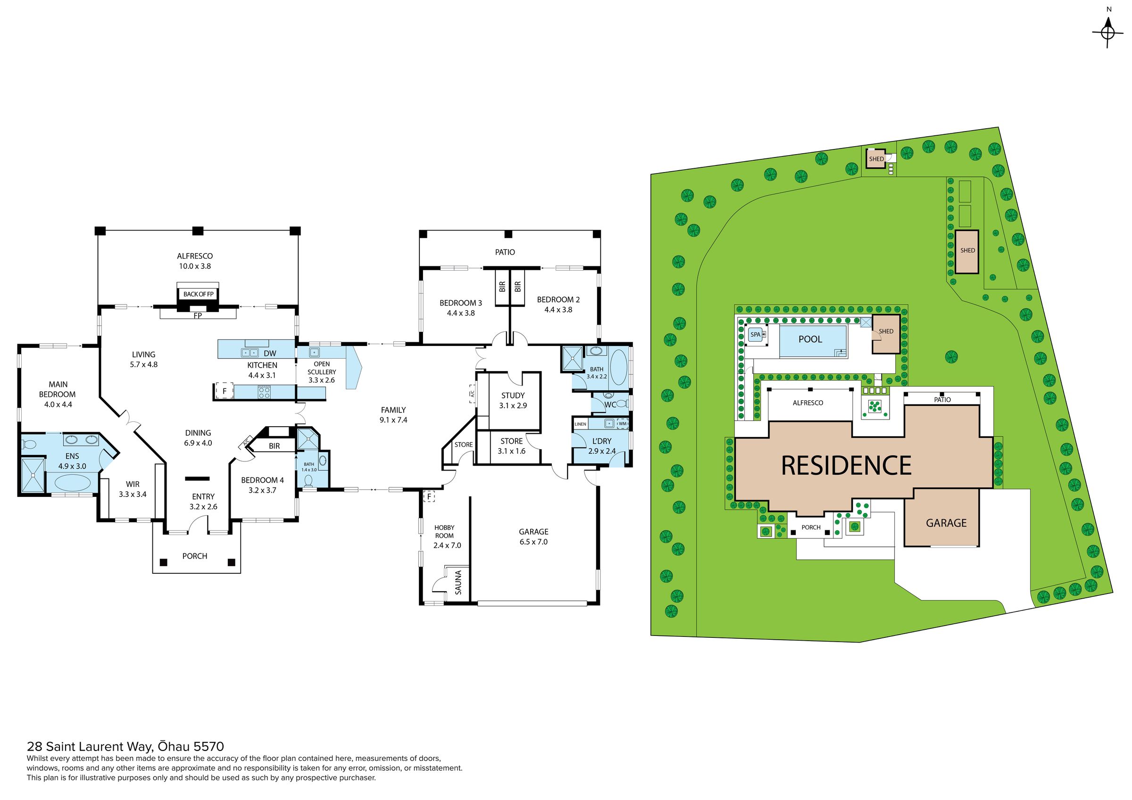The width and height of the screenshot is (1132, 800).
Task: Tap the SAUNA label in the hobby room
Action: pyautogui.click(x=458, y=582)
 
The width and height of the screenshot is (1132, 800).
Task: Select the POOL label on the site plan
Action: pyautogui.click(x=810, y=339)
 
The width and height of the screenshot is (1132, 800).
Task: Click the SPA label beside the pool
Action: pyautogui.click(x=755, y=334)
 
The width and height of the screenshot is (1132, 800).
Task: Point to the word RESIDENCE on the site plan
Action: pyautogui.click(x=847, y=466)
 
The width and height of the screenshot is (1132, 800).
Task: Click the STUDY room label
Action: pyautogui.click(x=513, y=396)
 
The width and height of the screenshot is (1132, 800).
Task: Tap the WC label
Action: pyautogui.click(x=610, y=404)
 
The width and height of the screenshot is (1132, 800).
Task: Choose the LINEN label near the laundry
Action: pyautogui.click(x=580, y=424)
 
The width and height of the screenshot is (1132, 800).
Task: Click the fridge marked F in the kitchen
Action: pyautogui.click(x=225, y=391)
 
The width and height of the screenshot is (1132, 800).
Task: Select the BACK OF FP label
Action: pyautogui.click(x=198, y=294)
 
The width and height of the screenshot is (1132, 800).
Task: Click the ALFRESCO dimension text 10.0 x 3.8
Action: pyautogui.click(x=195, y=266)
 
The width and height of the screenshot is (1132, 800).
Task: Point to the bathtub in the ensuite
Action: pyautogui.click(x=73, y=482)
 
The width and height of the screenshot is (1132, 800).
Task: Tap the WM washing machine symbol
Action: pyautogui.click(x=622, y=423)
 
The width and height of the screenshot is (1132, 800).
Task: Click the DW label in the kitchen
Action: pyautogui.click(x=270, y=354)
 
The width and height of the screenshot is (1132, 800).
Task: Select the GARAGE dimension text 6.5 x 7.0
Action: pyautogui.click(x=533, y=542)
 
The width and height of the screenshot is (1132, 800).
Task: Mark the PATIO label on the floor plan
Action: pyautogui.click(x=505, y=252)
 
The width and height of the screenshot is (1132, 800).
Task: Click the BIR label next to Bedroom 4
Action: pyautogui.click(x=275, y=446)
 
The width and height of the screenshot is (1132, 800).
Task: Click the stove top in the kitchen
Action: pyautogui.click(x=264, y=392)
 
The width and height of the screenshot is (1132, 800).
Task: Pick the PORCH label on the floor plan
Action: pyautogui.click(x=195, y=556)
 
